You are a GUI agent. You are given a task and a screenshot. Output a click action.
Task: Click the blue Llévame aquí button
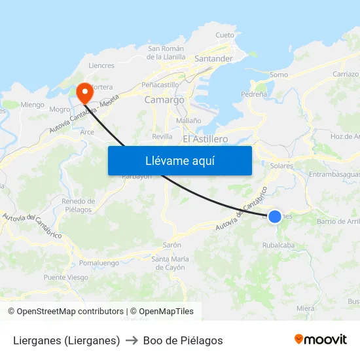[179, 160]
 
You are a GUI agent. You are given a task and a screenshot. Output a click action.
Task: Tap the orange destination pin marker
[84, 92]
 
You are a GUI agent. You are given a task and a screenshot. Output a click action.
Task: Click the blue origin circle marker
[275, 216]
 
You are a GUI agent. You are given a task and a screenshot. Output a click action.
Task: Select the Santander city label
[214, 58]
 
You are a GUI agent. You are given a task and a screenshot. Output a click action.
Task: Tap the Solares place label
[281, 166]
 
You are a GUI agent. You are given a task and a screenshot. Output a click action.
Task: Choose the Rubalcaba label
[278, 245]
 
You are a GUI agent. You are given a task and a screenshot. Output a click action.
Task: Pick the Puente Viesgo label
[65, 278]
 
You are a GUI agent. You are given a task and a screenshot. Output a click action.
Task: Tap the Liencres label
[101, 65]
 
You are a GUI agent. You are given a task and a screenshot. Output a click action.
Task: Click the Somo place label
[279, 75]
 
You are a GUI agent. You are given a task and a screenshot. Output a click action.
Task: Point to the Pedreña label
[254, 94]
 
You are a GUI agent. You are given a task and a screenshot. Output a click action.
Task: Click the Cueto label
[225, 35]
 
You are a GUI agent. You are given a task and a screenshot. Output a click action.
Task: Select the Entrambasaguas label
[334, 174]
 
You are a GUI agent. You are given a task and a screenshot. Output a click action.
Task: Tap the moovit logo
[320, 339]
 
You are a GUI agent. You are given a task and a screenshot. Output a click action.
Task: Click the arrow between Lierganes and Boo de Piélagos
[131, 340]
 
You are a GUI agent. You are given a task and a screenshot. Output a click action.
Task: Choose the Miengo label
[32, 105]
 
